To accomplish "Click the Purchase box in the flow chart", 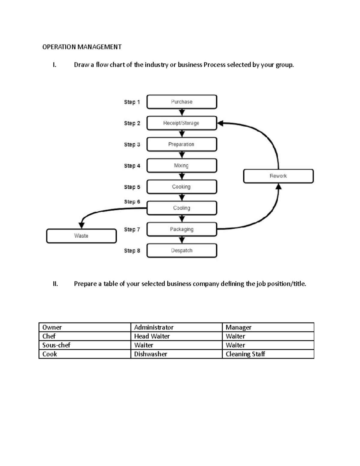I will tap(181, 102).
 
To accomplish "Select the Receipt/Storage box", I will tap(181, 123).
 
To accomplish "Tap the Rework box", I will tap(278, 176).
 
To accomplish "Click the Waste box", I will tap(81, 236).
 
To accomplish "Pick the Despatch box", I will tap(181, 251).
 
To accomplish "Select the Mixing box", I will tap(181, 166).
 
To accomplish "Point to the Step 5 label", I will tap(132, 187).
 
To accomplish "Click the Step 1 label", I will tap(132, 102).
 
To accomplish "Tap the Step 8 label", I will tap(132, 251).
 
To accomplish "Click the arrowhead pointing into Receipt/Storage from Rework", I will tap(220, 123).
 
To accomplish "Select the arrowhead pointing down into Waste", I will tap(81, 225).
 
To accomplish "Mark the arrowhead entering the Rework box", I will tap(278, 187).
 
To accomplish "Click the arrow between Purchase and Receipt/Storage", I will tap(182, 112).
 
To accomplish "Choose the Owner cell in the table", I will tap(85, 327).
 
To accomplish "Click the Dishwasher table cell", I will tap(176, 354).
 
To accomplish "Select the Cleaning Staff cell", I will tap(268, 354).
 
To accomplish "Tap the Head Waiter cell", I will tap(176, 336).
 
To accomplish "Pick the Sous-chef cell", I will tap(85, 345).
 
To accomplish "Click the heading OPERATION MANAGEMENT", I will tap(82, 47).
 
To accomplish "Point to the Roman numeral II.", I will tap(55, 284).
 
